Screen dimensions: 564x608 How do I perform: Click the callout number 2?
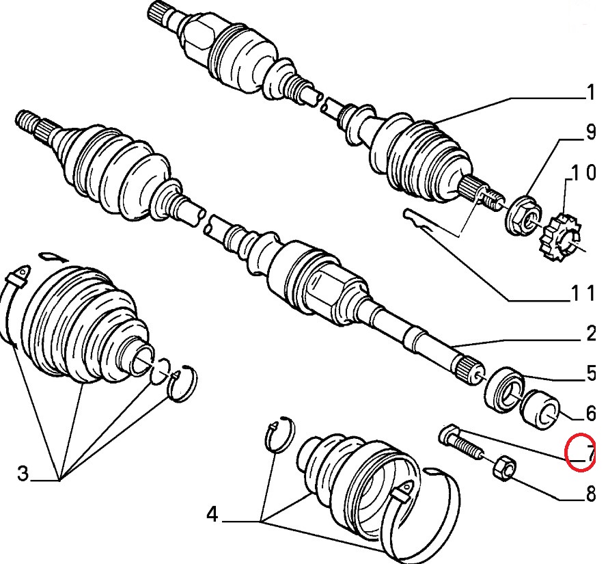[x=590, y=334]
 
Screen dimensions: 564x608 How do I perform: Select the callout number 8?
[x=590, y=493]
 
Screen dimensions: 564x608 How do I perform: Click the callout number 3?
[x=23, y=473]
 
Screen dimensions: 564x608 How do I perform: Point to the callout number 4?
[x=212, y=514]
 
